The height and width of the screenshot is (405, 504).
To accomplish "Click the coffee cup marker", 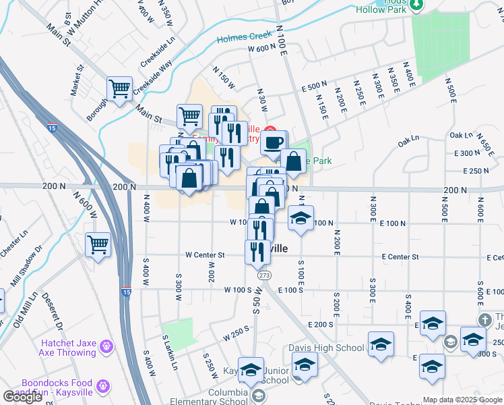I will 274,143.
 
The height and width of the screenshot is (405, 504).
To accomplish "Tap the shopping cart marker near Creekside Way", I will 120,88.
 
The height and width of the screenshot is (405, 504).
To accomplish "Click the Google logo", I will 23,396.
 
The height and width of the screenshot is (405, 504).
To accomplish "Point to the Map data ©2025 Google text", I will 462,400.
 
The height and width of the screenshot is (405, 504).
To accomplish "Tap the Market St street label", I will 79,78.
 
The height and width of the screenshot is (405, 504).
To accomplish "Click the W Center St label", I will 205,256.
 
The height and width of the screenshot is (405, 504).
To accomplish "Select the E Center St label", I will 400,256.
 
